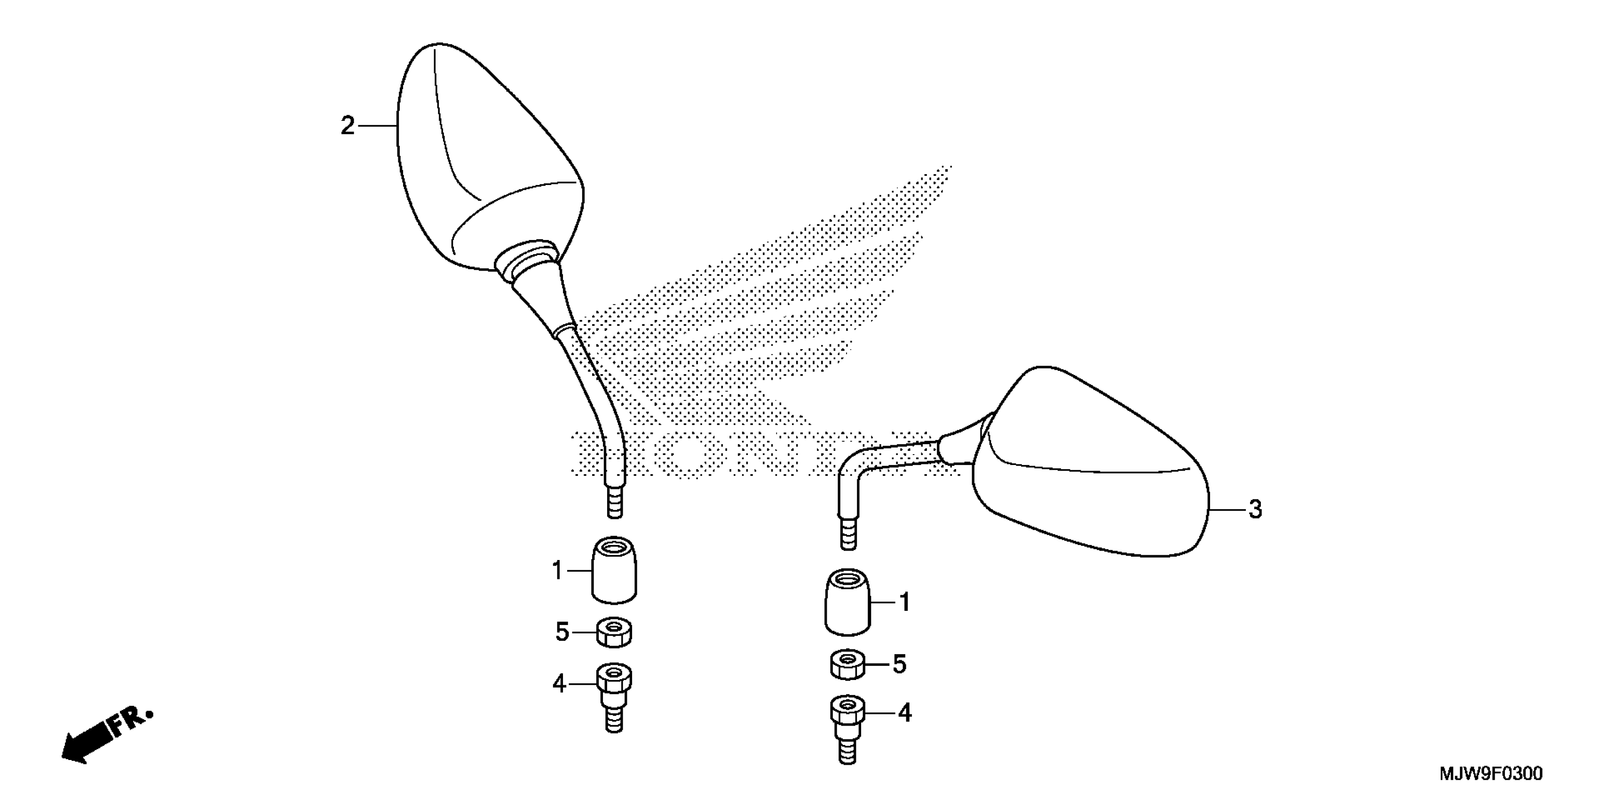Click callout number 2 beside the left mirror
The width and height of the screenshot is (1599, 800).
[x=348, y=126]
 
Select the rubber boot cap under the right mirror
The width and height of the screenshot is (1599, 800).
[x=847, y=602]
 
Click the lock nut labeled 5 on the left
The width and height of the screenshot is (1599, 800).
[x=614, y=632]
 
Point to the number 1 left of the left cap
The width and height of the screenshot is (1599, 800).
[x=557, y=570]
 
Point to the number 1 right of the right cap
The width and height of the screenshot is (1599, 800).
[x=904, y=602]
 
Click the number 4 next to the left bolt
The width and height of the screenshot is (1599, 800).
[x=559, y=684]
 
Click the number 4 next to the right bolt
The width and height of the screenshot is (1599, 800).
[x=905, y=713]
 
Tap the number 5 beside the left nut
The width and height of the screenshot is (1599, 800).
[x=562, y=632]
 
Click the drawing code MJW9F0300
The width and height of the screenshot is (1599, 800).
[x=1490, y=774]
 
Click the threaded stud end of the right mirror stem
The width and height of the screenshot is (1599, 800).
[x=848, y=532]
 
